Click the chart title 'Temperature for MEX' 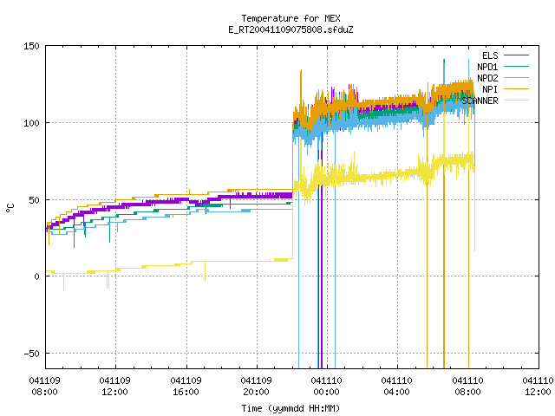point(291,18)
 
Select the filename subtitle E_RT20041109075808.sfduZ point(291,29)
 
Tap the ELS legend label point(490,55)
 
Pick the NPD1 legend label point(487,67)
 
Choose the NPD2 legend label point(487,78)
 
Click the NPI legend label point(490,89)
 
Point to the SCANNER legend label point(480,101)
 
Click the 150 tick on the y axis point(31,46)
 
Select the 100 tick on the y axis point(31,123)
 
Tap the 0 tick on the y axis point(36,276)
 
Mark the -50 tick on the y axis point(31,354)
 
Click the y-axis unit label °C point(10,208)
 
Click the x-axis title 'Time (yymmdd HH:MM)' point(291,408)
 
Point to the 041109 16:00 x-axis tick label point(186,386)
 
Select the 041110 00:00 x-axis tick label point(326,386)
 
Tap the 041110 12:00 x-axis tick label point(538,386)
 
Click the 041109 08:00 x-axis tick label point(44,386)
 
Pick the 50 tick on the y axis point(35,200)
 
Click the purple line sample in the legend point(516,55)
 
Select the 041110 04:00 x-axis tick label point(397,386)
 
